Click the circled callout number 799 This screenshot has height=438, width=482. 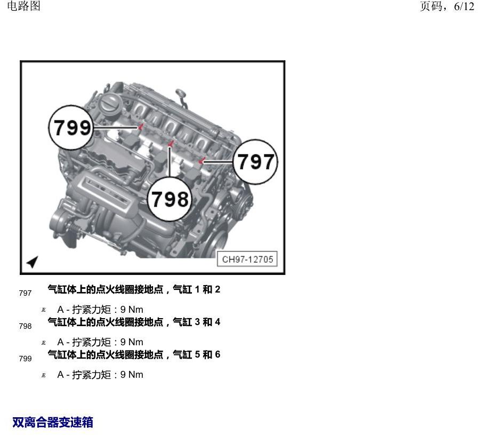coord(71,127)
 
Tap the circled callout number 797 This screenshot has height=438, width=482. coord(255,161)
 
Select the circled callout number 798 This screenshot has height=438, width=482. coord(170,199)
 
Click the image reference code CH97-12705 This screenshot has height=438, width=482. coord(247,259)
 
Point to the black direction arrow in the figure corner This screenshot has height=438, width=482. coord(33,262)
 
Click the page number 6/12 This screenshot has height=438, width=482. coord(464,6)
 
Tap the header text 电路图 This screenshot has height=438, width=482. coord(23,6)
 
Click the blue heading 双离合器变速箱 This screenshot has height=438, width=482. coord(53,422)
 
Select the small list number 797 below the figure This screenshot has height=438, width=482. coord(25,293)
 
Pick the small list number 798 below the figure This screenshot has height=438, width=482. coord(25,326)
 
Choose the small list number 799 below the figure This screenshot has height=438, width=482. coord(25,359)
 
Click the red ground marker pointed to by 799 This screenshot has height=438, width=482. coord(141,126)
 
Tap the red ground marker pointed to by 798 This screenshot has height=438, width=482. coord(171,143)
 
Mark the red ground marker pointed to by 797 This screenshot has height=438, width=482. coord(202,160)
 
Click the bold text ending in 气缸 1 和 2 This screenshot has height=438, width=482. coord(134,289)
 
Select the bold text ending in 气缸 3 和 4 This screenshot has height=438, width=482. coord(134,322)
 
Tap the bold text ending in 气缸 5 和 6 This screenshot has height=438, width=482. coord(134,354)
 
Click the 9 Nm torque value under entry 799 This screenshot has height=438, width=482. coord(132,375)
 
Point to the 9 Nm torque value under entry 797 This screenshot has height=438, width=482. coord(132,309)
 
